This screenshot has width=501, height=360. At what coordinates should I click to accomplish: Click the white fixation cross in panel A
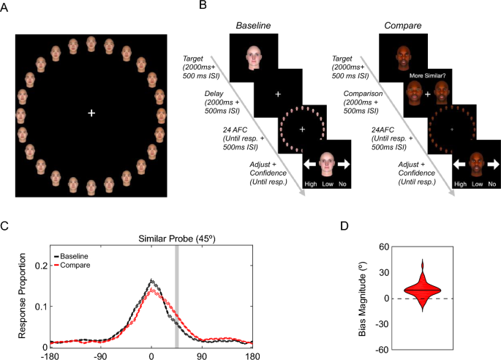(91, 113)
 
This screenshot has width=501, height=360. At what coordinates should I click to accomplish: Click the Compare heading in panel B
(402, 26)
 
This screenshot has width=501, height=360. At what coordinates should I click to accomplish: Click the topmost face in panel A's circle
(91, 48)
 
